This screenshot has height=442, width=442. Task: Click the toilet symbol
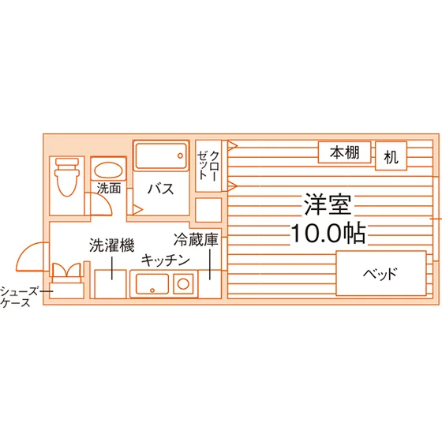pyautogui.click(x=67, y=177)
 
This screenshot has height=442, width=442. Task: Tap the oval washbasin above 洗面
pyautogui.click(x=108, y=170)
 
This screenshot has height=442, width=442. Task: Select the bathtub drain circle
pyautogui.click(x=180, y=155)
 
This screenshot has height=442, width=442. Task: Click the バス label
pyautogui.click(x=161, y=189)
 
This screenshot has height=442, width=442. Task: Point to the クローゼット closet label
pyautogui.click(x=208, y=166)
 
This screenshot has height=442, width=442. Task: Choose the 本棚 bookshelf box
pyautogui.click(x=344, y=152)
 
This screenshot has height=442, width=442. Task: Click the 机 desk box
pyautogui.click(x=391, y=156)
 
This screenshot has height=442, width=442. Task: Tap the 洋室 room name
pyautogui.click(x=328, y=204)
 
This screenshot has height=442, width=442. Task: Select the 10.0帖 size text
pyautogui.click(x=328, y=233)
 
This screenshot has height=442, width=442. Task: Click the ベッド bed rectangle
pyautogui.click(x=381, y=273)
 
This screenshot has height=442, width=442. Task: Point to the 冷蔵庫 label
pyautogui.click(x=196, y=240)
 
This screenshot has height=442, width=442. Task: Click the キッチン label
pyautogui.click(x=166, y=260)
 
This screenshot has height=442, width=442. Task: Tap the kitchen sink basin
pyautogui.click(x=152, y=283)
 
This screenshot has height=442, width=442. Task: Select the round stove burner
pyautogui.click(x=183, y=283)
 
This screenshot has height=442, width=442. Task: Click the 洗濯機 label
pyautogui.click(x=112, y=245)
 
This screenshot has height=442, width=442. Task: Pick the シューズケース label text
pyautogui.click(x=19, y=297)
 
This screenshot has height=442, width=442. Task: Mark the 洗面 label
pyautogui.click(x=109, y=188)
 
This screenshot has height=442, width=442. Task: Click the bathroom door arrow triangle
pyautogui.click(x=137, y=209)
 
